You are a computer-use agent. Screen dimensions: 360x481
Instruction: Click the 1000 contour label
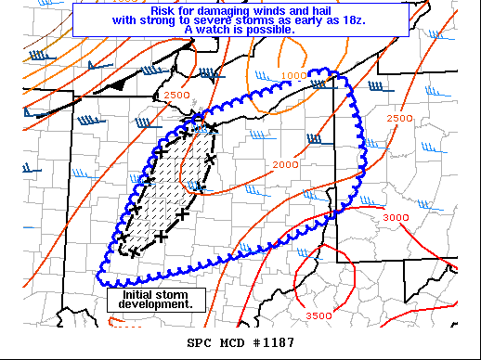(293, 75)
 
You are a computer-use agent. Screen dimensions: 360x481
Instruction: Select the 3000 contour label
(396, 217)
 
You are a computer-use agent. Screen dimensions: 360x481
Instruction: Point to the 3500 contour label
(318, 316)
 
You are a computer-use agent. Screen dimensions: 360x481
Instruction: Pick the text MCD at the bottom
(232, 343)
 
